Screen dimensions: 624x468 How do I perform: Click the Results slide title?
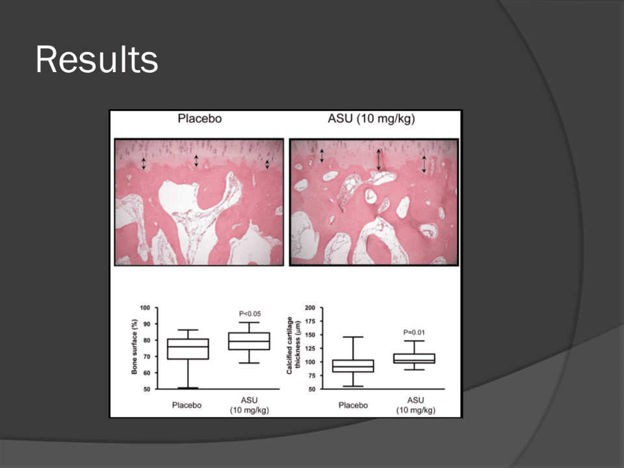pos(97,59)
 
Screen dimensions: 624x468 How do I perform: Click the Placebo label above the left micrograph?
pos(200,118)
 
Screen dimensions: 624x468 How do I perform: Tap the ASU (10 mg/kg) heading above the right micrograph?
pos(371,119)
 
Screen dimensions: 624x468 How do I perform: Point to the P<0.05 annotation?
pos(250,314)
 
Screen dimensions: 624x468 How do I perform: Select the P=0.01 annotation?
pos(414,332)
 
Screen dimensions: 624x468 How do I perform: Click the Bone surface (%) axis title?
pos(134,346)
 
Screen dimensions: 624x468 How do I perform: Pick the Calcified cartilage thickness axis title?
pos(293,345)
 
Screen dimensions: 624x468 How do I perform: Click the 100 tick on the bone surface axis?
pos(145,307)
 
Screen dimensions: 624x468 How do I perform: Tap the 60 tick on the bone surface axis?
pos(147,373)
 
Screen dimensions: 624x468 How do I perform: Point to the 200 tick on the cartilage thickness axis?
pos(310,307)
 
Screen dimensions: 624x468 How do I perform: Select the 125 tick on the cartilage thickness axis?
pos(310,348)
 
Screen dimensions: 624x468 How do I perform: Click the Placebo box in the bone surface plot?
pos(188,349)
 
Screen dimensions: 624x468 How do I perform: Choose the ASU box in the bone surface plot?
pos(249,341)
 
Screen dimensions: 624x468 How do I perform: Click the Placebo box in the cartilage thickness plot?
pos(353,366)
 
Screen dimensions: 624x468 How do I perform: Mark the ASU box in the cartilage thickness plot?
pos(414,359)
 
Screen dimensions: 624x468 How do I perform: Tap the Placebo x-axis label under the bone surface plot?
pos(187,405)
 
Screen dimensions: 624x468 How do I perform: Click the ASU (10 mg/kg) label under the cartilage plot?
pos(415,405)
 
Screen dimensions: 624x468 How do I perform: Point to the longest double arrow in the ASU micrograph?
pos(378,159)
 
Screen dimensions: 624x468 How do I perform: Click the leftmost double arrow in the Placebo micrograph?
pos(144,163)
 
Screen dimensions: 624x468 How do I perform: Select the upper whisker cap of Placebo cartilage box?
pos(353,337)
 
